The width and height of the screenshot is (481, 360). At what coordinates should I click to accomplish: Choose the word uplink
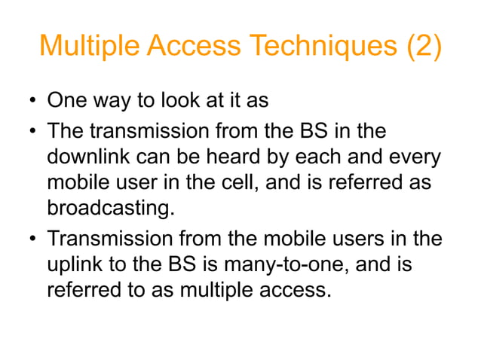pos(72,264)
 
